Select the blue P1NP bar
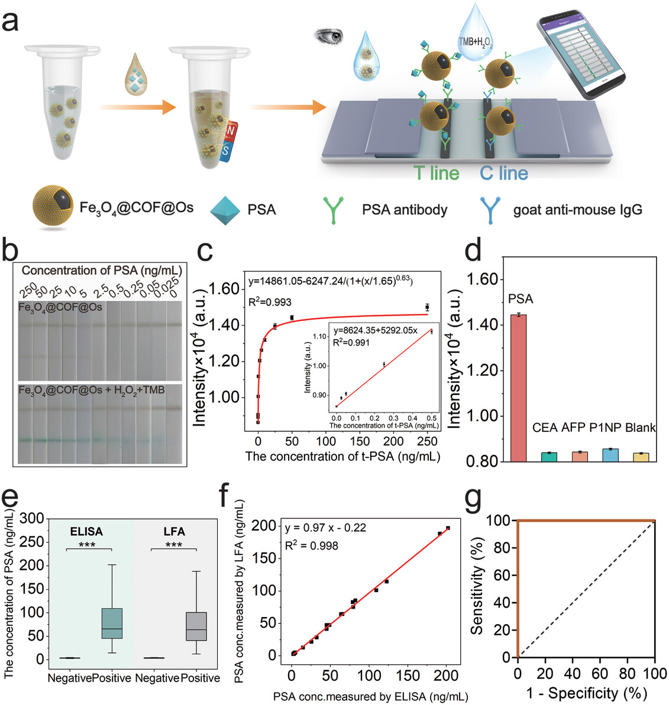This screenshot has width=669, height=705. [x=610, y=454]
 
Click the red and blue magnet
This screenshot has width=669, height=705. [x=228, y=139]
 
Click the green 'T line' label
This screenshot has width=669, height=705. [x=437, y=173]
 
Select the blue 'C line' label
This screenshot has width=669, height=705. [x=504, y=173]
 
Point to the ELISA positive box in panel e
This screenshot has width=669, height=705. [x=112, y=623]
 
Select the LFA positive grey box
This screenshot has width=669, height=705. [x=196, y=626]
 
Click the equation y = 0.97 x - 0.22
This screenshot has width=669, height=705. [x=325, y=528]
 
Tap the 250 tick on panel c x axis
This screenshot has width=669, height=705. [x=427, y=441]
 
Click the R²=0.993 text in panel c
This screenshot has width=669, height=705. [x=270, y=303]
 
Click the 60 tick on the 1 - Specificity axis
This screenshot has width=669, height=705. [x=600, y=674]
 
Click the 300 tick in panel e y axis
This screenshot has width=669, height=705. [x=32, y=518]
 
